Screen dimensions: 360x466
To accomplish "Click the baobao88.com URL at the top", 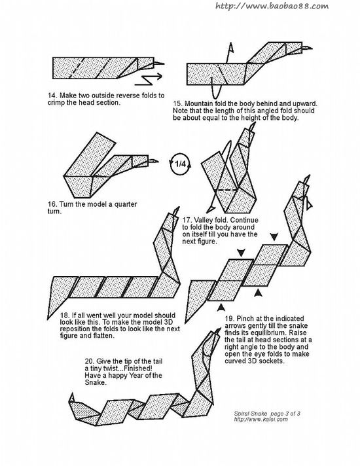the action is coord(272,6).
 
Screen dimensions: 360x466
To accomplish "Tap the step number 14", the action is coord(52,96).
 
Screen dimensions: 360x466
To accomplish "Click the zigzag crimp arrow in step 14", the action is coord(148,79).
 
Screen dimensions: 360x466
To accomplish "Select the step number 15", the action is coord(177,103).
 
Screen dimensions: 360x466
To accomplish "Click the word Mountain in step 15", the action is coord(198,103).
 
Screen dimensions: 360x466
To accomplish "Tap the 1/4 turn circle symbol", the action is coord(181,164).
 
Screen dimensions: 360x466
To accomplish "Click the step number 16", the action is coord(52,204).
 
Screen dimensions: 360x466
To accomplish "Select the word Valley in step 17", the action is coord(202,220).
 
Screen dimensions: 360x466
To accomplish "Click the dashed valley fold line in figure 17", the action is coord(226,189).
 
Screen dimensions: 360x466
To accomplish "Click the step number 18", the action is coord(65,315).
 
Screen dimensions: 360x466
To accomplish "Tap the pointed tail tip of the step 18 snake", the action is coord(48,319).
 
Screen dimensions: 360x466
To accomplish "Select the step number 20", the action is coord(89,361).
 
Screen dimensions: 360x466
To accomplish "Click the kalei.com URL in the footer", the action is coord(261,420).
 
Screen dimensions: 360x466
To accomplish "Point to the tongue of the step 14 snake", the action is coord(159,63).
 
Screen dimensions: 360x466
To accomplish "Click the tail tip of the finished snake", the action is coord(71,394).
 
